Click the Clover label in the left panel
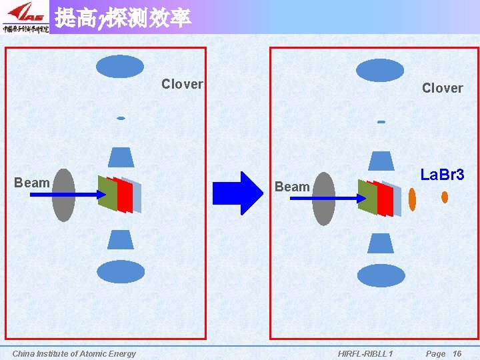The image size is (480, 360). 182,84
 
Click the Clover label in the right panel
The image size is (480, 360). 442,88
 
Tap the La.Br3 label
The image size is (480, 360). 442,175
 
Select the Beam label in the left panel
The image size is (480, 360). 32,183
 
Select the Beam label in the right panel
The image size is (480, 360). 292,187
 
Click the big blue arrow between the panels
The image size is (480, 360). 238,193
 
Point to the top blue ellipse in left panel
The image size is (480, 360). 120,67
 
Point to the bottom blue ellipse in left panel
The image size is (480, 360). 121,271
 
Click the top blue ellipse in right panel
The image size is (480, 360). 380,70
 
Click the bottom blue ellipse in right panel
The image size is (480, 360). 381,275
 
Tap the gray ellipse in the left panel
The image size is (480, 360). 63,195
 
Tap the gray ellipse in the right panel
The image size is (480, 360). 323,199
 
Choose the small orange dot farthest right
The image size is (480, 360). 445,197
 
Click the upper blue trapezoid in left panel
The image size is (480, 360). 121,157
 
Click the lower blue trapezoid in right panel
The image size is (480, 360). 381,243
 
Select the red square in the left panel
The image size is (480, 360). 123,195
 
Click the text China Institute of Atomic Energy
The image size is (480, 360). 74,353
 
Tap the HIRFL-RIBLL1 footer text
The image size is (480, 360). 365,353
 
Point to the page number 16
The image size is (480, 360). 457,353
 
